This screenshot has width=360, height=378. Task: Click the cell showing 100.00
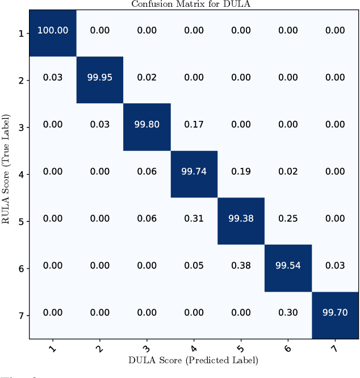(53, 31)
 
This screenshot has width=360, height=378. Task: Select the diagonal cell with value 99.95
(100, 78)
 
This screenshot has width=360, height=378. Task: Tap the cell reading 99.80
(147, 125)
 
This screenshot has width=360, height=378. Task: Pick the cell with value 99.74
(194, 172)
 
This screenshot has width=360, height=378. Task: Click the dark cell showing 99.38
(241, 219)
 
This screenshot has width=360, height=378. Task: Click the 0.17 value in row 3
(194, 125)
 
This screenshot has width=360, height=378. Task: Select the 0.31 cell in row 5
(194, 219)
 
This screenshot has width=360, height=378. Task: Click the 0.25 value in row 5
(288, 219)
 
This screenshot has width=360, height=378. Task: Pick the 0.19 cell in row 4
(241, 172)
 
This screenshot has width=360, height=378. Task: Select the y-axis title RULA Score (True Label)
(7, 174)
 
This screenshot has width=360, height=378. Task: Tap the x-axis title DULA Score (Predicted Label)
(194, 360)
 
